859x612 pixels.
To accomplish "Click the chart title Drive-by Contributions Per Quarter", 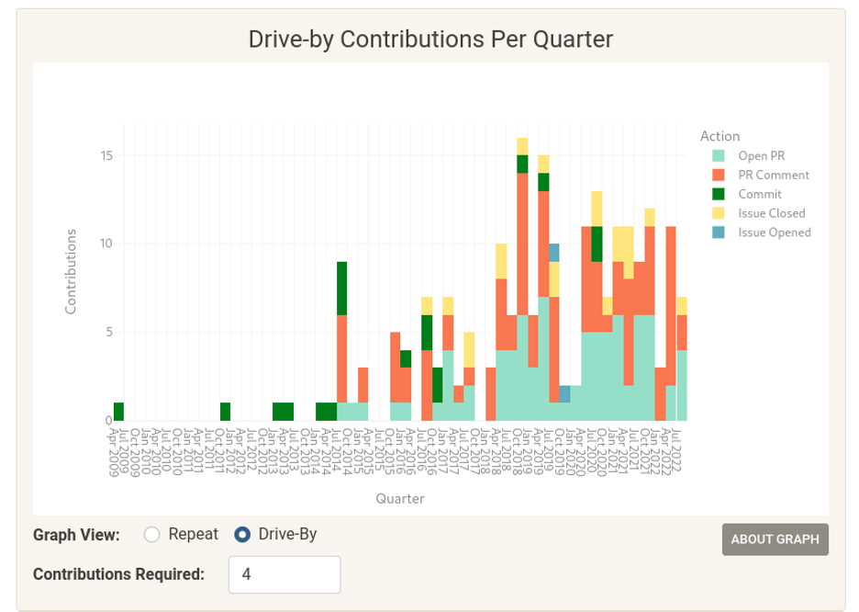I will [430, 39].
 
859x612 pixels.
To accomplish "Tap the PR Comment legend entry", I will [774, 175].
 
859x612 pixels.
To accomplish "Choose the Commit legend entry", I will [759, 194].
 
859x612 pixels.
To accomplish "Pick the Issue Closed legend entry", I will [774, 213].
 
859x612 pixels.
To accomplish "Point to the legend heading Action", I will [720, 136].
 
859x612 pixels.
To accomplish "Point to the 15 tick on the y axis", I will [106, 155].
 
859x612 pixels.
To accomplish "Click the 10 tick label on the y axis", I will [106, 244].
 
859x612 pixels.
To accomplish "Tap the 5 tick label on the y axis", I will [108, 332].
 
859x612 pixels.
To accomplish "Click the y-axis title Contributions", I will [71, 271].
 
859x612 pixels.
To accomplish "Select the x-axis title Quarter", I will [399, 499].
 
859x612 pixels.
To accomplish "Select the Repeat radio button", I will [152, 534].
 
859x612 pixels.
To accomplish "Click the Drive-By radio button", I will [242, 534].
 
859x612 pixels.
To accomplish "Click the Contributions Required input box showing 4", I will [284, 574].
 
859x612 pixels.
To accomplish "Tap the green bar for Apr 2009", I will [118, 412].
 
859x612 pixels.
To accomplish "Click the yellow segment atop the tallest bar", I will [522, 146].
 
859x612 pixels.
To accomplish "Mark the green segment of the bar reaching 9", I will [341, 288].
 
